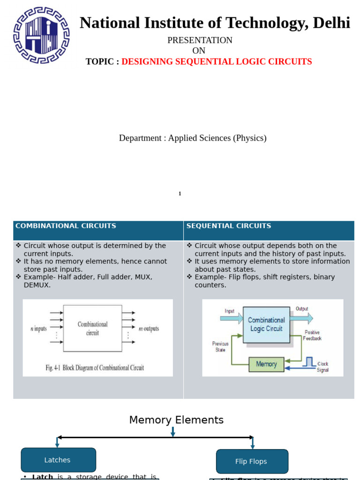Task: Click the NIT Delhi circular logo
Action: pyautogui.click(x=41, y=36)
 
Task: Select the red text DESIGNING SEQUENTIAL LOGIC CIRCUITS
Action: pyautogui.click(x=217, y=62)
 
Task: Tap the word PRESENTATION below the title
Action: pyautogui.click(x=200, y=40)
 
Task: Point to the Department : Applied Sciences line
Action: pyautogui.click(x=193, y=138)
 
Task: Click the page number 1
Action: pyautogui.click(x=180, y=194)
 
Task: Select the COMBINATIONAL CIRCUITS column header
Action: pyautogui.click(x=66, y=226)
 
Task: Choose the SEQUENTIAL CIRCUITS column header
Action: pyautogui.click(x=229, y=226)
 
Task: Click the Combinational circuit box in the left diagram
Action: pyautogui.click(x=92, y=328)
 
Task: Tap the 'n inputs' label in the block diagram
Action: pyautogui.click(x=38, y=329)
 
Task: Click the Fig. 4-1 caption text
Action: pyautogui.click(x=95, y=367)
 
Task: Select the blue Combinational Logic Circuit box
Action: pyautogui.click(x=266, y=324)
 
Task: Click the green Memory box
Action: pyautogui.click(x=266, y=364)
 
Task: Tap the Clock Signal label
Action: pyautogui.click(x=323, y=367)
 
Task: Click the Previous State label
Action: pyautogui.click(x=220, y=347)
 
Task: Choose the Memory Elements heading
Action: pyautogui.click(x=176, y=420)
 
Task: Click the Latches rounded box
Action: pyautogui.click(x=58, y=460)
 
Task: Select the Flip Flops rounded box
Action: pyautogui.click(x=252, y=461)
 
